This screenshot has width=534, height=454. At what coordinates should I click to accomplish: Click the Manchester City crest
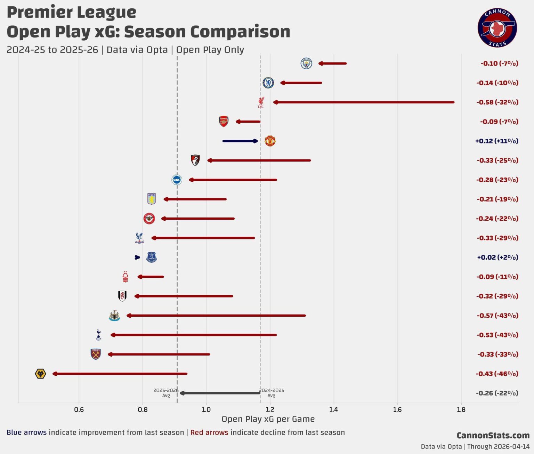click(306, 63)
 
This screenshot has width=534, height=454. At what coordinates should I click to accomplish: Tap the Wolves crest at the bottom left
click(41, 374)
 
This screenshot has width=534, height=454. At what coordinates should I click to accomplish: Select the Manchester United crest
click(270, 141)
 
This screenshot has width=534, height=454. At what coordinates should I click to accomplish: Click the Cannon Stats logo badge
click(497, 28)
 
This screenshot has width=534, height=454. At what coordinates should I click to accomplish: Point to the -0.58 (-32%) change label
click(497, 102)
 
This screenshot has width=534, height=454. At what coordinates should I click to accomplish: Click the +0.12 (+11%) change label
click(496, 141)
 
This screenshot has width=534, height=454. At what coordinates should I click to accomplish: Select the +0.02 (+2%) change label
click(497, 257)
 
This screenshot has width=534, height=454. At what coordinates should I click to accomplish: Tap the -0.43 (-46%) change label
click(497, 374)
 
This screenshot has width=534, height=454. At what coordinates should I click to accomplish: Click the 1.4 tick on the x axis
click(333, 410)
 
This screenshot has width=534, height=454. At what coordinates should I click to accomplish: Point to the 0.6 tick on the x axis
click(79, 410)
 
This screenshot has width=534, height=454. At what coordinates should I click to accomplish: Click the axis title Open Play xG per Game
click(268, 419)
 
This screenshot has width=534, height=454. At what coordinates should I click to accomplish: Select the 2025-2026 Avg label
click(166, 393)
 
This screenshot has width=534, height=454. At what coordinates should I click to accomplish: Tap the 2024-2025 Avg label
click(272, 393)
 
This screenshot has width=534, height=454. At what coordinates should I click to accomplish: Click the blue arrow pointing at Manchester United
click(240, 141)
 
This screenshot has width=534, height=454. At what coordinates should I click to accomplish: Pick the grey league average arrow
click(220, 393)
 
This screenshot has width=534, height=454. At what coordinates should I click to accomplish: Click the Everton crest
click(152, 257)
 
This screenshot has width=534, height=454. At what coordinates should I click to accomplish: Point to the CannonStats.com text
click(493, 436)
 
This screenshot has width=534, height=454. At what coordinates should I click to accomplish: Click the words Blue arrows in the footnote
click(26, 432)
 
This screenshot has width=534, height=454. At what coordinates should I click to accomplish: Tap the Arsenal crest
click(224, 121)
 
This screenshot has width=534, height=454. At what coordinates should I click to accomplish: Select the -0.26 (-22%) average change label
click(497, 393)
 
